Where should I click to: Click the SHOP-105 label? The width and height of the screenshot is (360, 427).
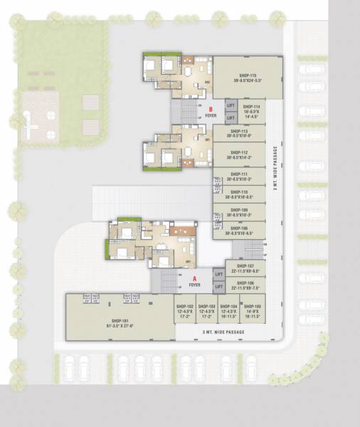pyautogui.click(x=252, y=305)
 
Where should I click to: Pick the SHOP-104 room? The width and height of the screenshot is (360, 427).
pyautogui.click(x=228, y=309)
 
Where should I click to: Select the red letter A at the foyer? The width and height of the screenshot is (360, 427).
pyautogui.click(x=194, y=278)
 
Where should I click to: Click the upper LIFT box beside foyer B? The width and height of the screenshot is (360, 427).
pyautogui.click(x=230, y=105)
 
